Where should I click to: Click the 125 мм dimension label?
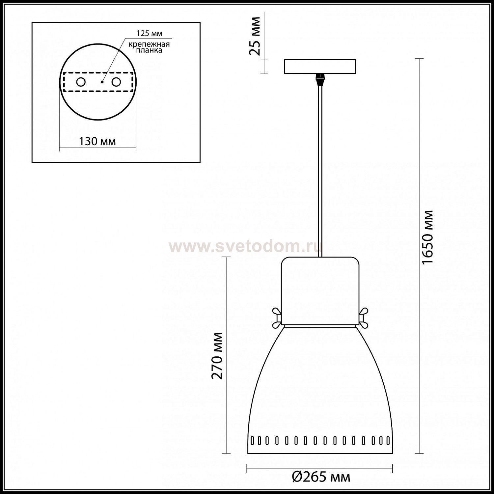[150, 34]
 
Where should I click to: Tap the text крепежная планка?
[149, 47]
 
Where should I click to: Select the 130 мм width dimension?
[97, 141]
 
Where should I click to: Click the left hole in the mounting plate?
[81, 82]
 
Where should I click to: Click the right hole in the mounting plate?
[116, 82]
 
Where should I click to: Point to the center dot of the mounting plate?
[102, 82]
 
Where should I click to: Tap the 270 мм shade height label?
[217, 356]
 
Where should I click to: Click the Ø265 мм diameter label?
[321, 477]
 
